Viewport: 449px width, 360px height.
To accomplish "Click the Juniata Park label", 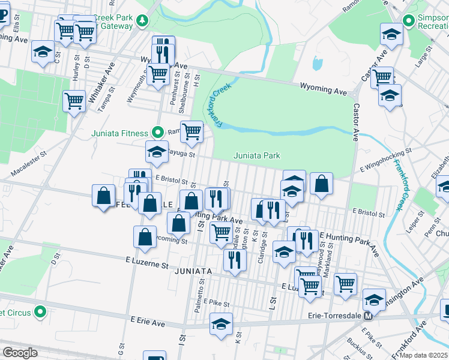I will click(x=256, y=156).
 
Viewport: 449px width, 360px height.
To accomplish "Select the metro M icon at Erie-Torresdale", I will click(x=370, y=316).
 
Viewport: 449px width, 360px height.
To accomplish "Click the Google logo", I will click(x=20, y=353).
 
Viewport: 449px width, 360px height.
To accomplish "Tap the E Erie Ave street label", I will click(x=144, y=323).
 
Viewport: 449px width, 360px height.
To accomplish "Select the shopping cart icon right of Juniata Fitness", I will click(x=191, y=130).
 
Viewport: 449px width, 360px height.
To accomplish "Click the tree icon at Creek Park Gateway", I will click(x=142, y=22).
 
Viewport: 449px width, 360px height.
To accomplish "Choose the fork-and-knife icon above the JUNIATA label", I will click(x=235, y=259).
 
